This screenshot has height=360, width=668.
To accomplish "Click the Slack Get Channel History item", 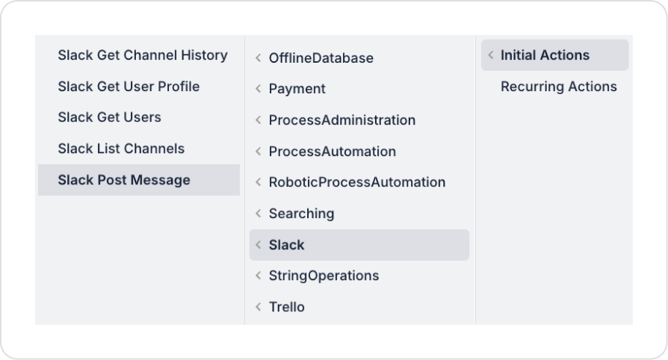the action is tap(143, 55).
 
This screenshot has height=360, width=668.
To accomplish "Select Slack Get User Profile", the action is tap(129, 87).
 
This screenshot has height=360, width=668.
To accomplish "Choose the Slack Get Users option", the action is tap(109, 117).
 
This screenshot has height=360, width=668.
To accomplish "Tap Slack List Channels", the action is tap(121, 149).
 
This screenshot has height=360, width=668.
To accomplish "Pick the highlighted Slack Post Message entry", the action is tap(124, 180).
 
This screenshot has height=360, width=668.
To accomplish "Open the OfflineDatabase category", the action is tap(321, 58).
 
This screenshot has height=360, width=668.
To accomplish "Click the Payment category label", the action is tap(297, 89).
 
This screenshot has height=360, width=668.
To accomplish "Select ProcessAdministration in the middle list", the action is tap(341, 120).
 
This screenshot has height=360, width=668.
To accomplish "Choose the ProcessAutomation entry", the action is tap(332, 152).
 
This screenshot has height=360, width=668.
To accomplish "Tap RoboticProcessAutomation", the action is tap(356, 182).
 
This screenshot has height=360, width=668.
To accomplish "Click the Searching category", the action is tap(301, 214).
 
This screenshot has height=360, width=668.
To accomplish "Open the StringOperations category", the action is tap(324, 276).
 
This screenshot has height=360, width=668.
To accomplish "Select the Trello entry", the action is tap(286, 307).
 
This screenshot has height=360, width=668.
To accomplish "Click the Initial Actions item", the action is tap(545, 55).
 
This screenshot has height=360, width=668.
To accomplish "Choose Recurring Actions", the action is tap(558, 87).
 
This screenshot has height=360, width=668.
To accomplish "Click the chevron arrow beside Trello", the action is tap(258, 307).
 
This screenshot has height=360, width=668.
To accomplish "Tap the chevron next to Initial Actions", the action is tap(490, 55).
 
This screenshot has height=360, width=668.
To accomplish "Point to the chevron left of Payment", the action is tap(258, 89).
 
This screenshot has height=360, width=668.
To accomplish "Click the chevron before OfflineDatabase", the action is tap(258, 58).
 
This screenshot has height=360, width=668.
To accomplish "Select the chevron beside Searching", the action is tap(258, 214).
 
